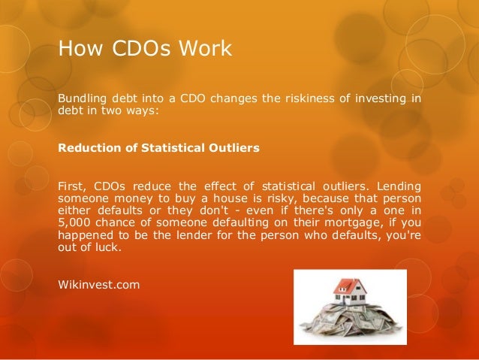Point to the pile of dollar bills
(350, 323)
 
